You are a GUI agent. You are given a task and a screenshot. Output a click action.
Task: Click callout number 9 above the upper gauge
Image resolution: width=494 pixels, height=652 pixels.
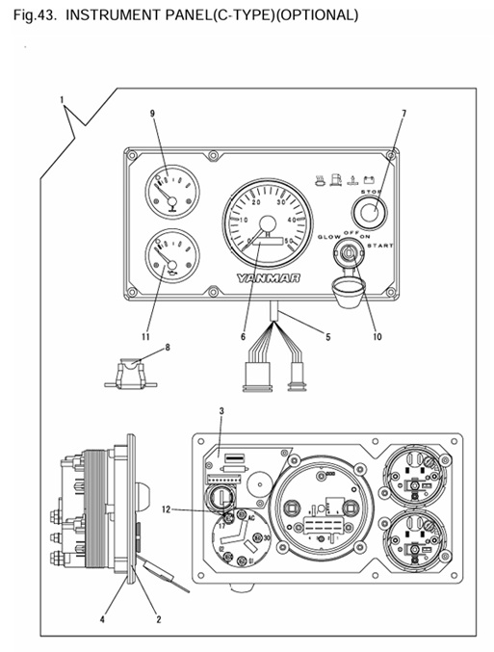point(152,114)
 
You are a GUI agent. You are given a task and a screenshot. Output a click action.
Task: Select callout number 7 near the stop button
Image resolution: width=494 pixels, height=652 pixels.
point(403,114)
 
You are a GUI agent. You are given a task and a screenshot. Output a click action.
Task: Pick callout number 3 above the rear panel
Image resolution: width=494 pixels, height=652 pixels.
point(221,411)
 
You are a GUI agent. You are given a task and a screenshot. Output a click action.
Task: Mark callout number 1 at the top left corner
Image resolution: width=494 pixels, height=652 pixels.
point(62,99)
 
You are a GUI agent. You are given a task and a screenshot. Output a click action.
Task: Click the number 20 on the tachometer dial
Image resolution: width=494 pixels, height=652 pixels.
point(255,203)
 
